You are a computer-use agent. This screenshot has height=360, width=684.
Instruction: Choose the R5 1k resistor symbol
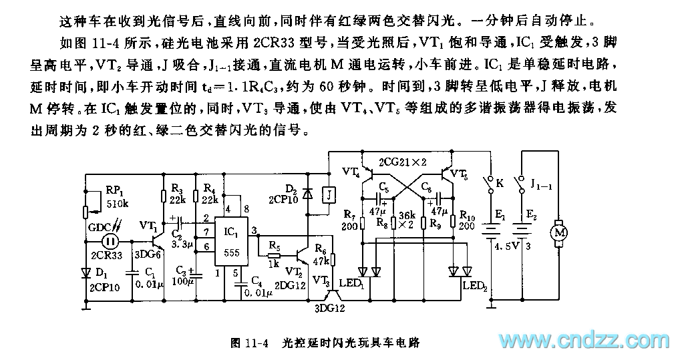pos(273,254)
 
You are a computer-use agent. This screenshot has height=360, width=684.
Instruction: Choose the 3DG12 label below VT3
pos(330,309)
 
